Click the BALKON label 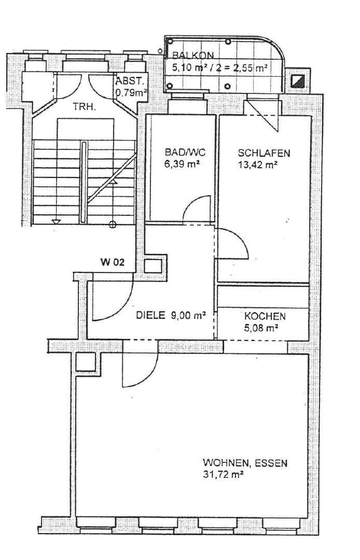pyautogui.click(x=193, y=56)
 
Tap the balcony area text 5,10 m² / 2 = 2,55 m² pyautogui.click(x=220, y=67)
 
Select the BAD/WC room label pyautogui.click(x=185, y=153)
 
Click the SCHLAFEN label pyautogui.click(x=264, y=153)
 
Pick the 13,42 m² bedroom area pyautogui.click(x=258, y=165)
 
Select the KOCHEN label pyautogui.click(x=265, y=316)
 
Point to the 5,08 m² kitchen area pyautogui.click(x=261, y=327)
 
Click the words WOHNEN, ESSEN pyautogui.click(x=245, y=463)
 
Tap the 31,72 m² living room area pyautogui.click(x=223, y=475)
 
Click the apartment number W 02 pyautogui.click(x=113, y=263)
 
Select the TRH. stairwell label pyautogui.click(x=84, y=106)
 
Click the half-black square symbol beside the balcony pyautogui.click(x=298, y=81)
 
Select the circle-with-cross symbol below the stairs pyautogui.click(x=113, y=224)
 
